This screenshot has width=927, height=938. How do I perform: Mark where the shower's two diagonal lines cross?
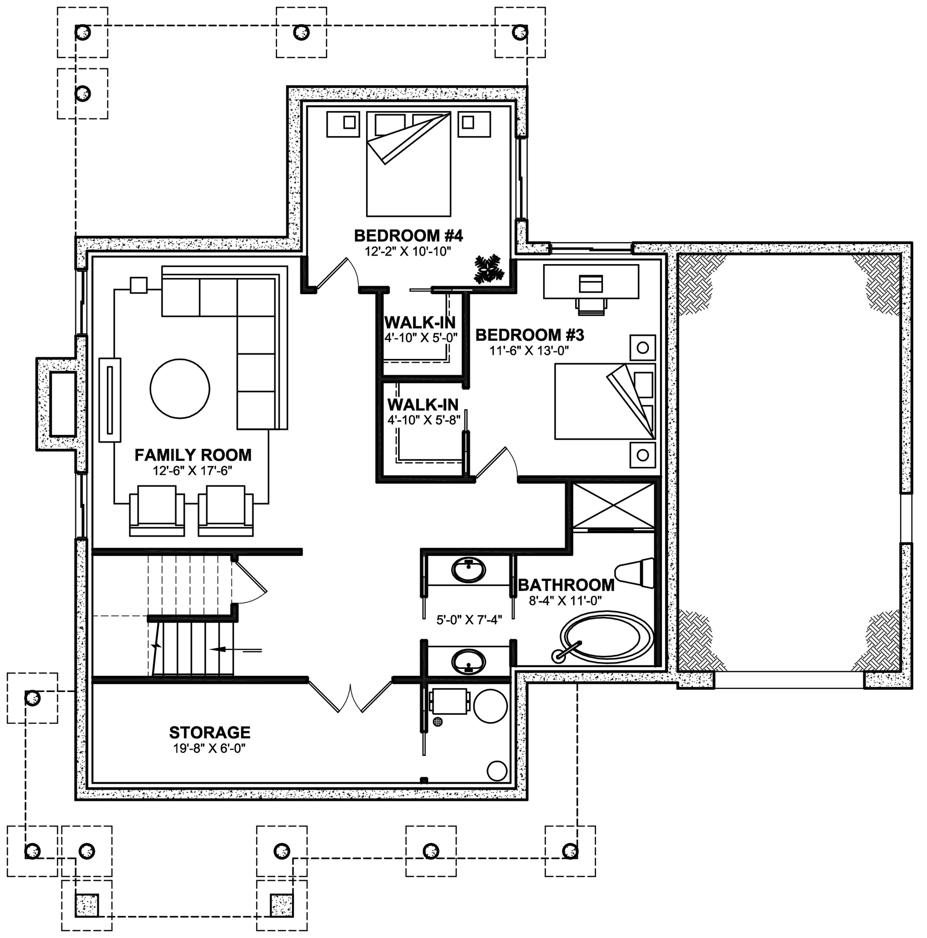(x=614, y=505)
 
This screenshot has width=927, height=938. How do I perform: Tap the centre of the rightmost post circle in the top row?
(x=520, y=32)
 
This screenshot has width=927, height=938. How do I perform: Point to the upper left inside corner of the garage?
(x=679, y=254)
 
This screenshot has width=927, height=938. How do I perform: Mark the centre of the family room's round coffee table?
(x=180, y=389)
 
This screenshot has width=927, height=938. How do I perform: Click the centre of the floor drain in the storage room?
(x=438, y=722)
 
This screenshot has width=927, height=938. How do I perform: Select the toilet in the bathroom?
(x=635, y=573)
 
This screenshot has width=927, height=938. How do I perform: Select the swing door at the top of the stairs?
(x=249, y=582)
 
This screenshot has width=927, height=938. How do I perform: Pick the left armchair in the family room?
(x=157, y=511)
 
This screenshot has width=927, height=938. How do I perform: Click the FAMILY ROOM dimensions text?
(x=193, y=471)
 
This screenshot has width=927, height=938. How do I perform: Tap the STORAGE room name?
(x=210, y=732)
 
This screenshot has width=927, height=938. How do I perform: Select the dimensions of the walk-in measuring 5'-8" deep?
(x=424, y=420)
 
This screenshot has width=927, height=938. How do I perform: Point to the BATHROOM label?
(x=566, y=585)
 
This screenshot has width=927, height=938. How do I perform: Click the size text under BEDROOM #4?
(x=409, y=251)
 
